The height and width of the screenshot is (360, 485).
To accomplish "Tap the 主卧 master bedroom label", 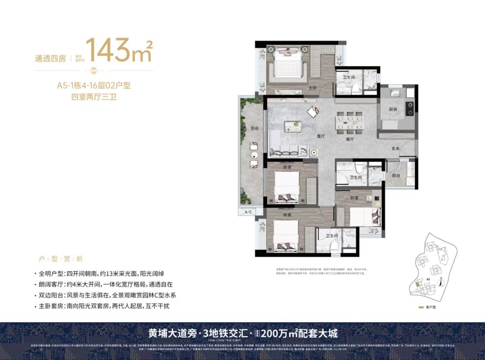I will point(313,88).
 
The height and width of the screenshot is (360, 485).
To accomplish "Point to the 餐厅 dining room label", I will point(350,140).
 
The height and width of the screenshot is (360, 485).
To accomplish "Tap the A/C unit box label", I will point(247,211).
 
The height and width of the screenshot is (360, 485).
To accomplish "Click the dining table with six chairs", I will point(350,122).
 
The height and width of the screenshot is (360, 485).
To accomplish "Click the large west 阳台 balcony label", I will point(255,128).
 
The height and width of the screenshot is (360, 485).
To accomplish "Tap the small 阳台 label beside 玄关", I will point(396,176).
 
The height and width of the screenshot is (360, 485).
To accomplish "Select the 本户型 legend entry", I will point(430,308).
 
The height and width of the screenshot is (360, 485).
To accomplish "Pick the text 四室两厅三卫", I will point(94,97).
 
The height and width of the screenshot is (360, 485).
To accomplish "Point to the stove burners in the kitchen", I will point(410,108).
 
